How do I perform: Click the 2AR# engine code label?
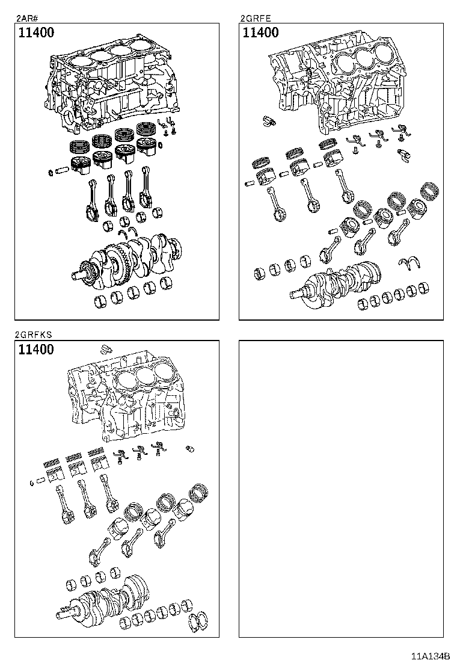24,18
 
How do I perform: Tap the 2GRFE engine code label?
255,18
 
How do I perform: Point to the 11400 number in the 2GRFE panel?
260,33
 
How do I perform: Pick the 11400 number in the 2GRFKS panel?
36,350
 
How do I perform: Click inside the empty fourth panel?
341,487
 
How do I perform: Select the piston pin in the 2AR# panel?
62,171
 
